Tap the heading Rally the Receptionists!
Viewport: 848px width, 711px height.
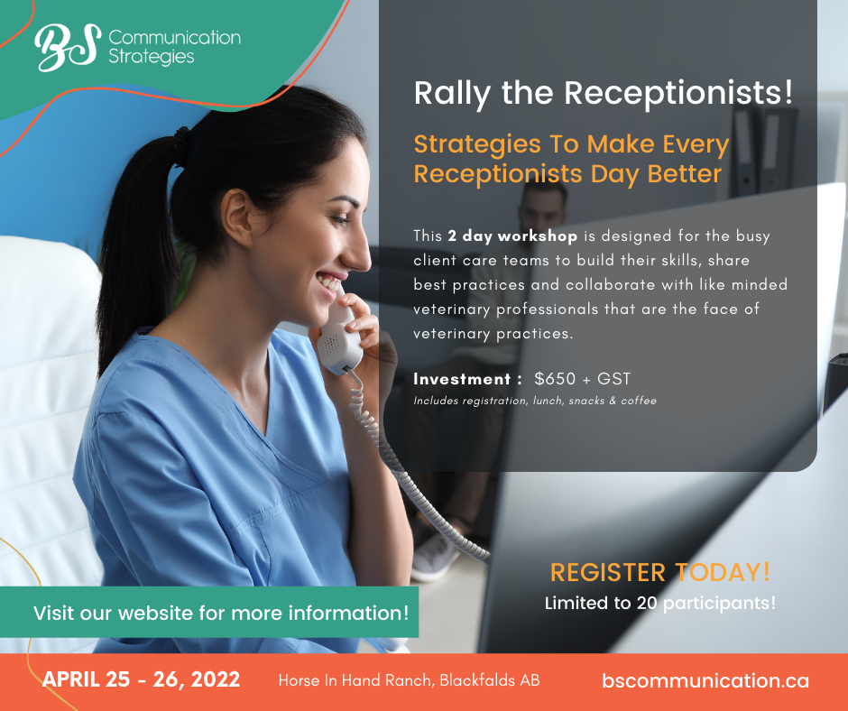pos(604,93)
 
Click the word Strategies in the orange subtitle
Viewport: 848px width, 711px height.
pos(477,144)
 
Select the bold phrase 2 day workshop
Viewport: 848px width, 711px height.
pos(512,236)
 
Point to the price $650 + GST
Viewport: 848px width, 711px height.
pos(583,379)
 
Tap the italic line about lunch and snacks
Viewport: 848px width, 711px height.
pos(535,401)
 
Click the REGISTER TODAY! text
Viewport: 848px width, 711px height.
pos(660,572)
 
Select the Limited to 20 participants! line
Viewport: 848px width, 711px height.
pos(660,603)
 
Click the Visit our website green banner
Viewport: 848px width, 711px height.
pos(209,613)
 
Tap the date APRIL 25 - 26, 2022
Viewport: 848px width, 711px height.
pos(141,679)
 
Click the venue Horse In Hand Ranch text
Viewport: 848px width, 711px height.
pos(409,680)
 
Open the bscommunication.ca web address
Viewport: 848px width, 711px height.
pos(705,680)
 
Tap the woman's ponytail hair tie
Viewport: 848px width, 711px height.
pos(180,145)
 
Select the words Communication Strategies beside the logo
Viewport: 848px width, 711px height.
pos(175,47)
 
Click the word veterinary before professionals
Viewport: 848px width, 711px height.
pos(452,309)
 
